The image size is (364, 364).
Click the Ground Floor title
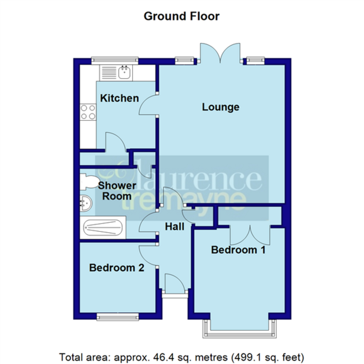pyautogui.click(x=181, y=16)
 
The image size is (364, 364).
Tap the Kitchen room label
pyautogui.click(x=119, y=98)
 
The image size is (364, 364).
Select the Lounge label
pyautogui.click(x=221, y=107)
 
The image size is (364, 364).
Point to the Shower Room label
pyautogui.click(x=117, y=191)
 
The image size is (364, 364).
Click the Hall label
pyautogui.click(x=174, y=226)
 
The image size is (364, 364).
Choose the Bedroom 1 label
pyautogui.click(x=238, y=250)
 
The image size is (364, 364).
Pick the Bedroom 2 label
pyautogui.click(x=116, y=268)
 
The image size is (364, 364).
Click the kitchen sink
pyautogui.click(x=124, y=73)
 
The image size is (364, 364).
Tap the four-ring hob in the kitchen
pyautogui.click(x=88, y=112)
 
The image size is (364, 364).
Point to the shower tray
pyautogui.click(x=103, y=227)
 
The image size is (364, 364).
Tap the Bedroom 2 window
pyautogui.click(x=118, y=317)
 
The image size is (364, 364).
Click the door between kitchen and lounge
pyautogui.click(x=148, y=105)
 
